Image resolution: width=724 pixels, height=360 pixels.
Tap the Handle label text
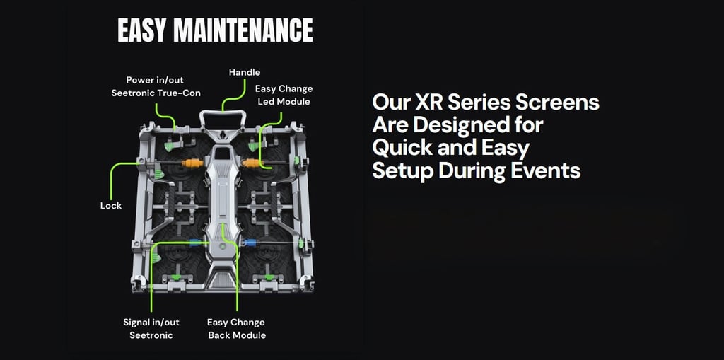pos(245,73)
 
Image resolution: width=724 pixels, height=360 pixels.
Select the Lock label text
pos(111,206)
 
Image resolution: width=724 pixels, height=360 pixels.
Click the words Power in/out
pos(155,80)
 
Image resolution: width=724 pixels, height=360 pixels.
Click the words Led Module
pos(284,102)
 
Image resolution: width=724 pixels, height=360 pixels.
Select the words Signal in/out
pos(151,322)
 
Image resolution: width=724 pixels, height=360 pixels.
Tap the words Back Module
pos(237,335)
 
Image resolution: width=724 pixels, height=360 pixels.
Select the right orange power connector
pos(251,163)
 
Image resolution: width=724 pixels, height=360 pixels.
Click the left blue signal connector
pos(195,242)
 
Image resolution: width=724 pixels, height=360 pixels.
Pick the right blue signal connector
pos(250,242)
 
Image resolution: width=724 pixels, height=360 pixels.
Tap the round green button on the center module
pos(223,248)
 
